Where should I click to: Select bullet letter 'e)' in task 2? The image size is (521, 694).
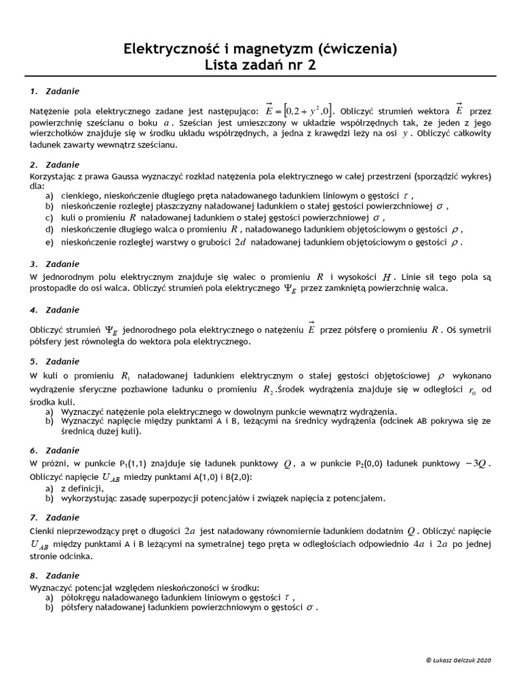click(50, 241)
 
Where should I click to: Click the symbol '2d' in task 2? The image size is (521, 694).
click(240, 242)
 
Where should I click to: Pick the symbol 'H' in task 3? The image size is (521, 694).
click(387, 277)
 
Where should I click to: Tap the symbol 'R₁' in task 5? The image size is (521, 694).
click(126, 375)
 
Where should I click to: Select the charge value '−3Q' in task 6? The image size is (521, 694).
click(473, 464)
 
